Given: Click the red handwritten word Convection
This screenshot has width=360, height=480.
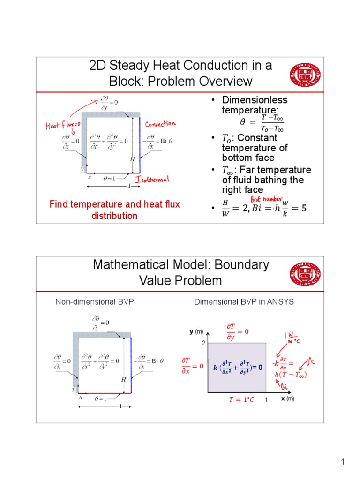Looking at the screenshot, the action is coord(160,124).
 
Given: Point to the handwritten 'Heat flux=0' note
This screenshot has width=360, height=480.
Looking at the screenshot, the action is coord(63,125).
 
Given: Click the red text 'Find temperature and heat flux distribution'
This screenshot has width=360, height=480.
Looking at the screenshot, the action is coord(115,210).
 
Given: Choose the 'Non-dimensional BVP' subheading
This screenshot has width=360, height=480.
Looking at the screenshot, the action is coord(95,302).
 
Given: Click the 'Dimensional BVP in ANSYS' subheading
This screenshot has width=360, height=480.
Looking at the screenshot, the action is coord(244,302).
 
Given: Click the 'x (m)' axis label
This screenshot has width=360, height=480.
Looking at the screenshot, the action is coord(287,398).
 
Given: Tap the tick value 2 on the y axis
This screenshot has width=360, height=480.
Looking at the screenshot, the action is coord(204,343).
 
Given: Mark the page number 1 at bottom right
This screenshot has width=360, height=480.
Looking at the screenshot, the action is coord(343,463).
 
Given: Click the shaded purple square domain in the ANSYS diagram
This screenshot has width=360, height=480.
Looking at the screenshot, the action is coord(237,367).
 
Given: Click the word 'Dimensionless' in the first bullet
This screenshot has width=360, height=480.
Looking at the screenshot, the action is coord(255,100).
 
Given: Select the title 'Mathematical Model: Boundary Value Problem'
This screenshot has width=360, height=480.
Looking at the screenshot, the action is coord(181,272).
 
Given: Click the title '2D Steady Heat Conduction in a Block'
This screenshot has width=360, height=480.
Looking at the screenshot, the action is coord(181,73).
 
